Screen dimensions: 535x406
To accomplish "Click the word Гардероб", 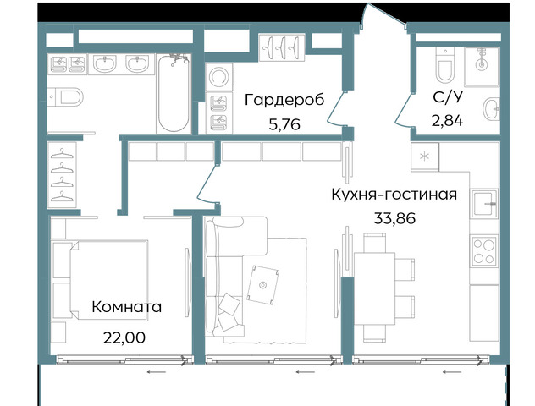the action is coord(284,100).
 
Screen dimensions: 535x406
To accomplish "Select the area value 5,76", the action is coord(284,125).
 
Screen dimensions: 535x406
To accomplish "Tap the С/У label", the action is coord(448,97).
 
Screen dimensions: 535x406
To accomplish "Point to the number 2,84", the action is coord(447,121).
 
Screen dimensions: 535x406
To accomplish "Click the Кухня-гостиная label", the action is coord(394,195).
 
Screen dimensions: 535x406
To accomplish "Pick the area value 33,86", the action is coord(394,218).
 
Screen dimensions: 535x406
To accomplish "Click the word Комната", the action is coord(127,307).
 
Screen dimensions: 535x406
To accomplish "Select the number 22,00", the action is coord(124,337).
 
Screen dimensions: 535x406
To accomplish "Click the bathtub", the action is coord(174,94).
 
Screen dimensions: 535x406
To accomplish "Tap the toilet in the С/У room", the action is coord(445,65).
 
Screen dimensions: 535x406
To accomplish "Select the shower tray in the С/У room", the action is coord(482,67).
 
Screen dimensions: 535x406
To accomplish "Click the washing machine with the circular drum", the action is coord(219,77).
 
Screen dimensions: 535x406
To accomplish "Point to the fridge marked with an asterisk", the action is coord(425,156).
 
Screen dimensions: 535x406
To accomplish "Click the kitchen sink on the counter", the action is coord(484,204).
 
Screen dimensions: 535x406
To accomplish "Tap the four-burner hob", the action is coord(484,250).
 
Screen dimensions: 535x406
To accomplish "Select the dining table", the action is coord(374,288).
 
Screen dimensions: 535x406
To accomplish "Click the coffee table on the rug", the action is coord(262,284).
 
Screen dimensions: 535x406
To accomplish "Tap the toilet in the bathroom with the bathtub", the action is coord(66,96).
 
